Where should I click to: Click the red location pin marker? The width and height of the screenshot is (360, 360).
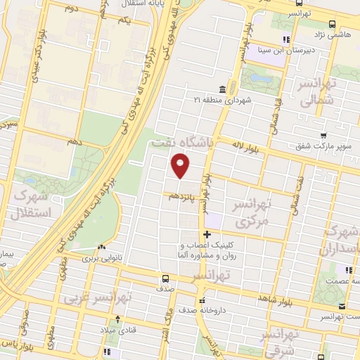[x=181, y=167]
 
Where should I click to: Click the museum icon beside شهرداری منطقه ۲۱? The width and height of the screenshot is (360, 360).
[x=222, y=89]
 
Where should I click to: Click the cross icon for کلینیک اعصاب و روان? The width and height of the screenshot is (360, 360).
[x=206, y=234]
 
